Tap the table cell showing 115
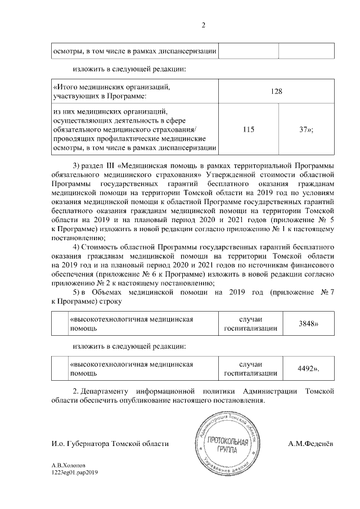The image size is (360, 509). click(247, 129)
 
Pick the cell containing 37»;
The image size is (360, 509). click(307, 129)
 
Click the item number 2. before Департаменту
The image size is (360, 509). click(77, 390)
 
